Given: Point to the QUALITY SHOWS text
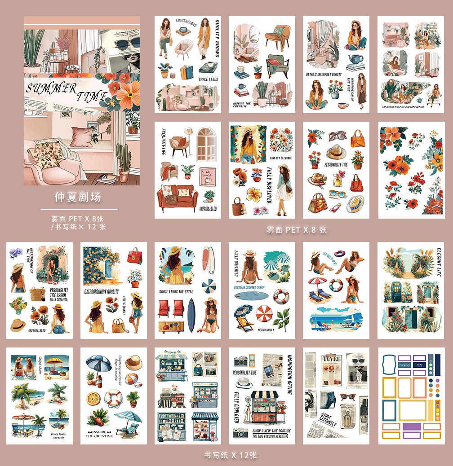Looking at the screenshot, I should pos(216,38).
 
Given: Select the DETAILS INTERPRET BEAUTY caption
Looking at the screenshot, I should pos(324,74).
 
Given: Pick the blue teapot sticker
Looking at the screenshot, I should pos(355,58).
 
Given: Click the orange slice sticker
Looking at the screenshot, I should pos(93,398).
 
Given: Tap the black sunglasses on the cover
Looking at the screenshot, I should pos(127,44).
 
